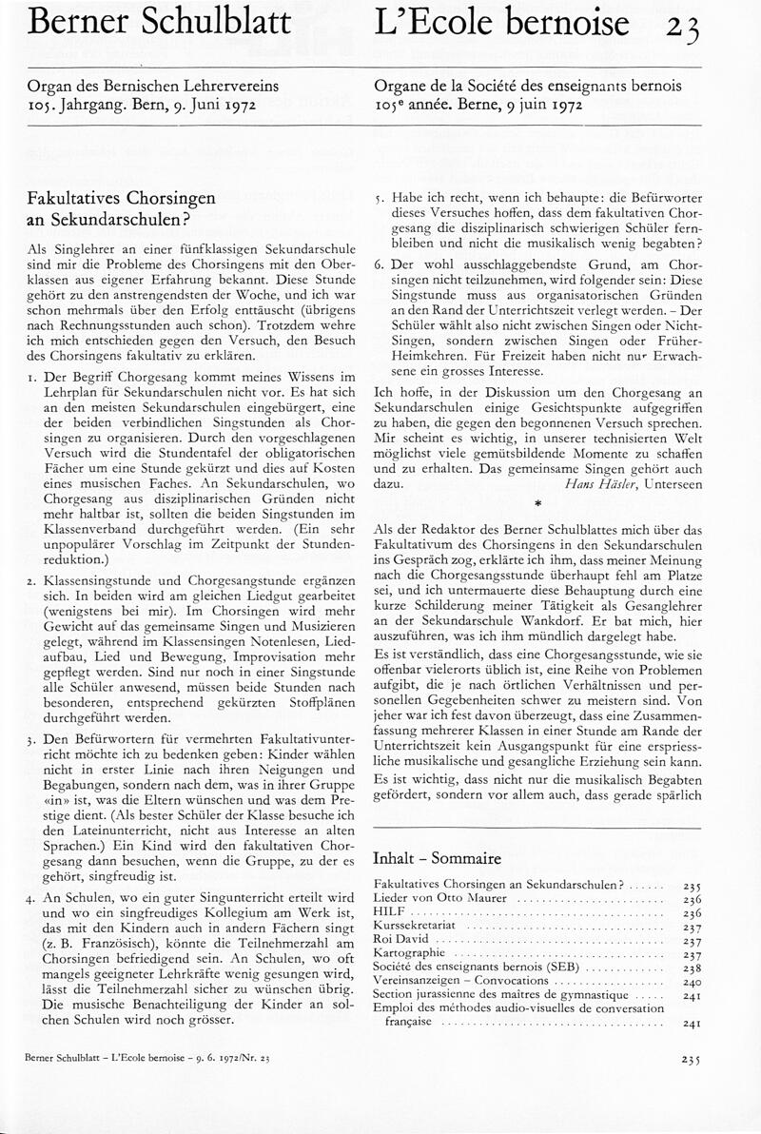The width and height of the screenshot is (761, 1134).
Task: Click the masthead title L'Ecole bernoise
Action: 502,22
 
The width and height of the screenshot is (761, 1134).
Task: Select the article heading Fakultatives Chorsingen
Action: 123,199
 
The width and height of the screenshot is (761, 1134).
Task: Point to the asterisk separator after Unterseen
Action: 537,504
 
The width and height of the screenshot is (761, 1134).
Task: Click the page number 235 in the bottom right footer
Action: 691,1059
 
